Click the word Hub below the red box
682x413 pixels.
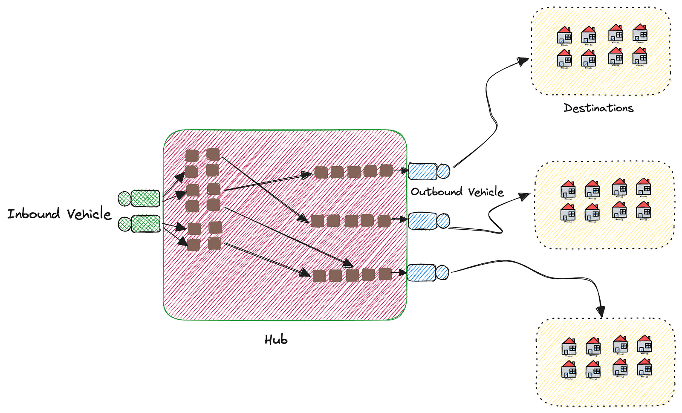click(x=276, y=340)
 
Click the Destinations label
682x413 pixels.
click(x=598, y=108)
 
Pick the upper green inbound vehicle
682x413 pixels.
click(x=139, y=199)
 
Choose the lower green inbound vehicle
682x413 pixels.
click(x=139, y=224)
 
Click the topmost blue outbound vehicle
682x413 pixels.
click(x=428, y=171)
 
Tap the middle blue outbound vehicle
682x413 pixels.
click(x=428, y=221)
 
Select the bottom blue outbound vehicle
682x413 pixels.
click(x=428, y=272)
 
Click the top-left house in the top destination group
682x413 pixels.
click(x=564, y=35)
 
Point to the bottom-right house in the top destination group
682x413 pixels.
click(x=640, y=56)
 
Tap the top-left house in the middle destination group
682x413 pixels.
click(x=568, y=190)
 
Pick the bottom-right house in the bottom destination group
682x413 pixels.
click(x=644, y=367)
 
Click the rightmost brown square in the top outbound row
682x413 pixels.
click(x=386, y=170)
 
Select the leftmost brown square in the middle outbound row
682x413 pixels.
click(x=317, y=221)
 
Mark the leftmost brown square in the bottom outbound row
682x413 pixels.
click(x=319, y=276)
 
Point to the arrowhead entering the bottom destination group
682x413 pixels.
click(x=601, y=312)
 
